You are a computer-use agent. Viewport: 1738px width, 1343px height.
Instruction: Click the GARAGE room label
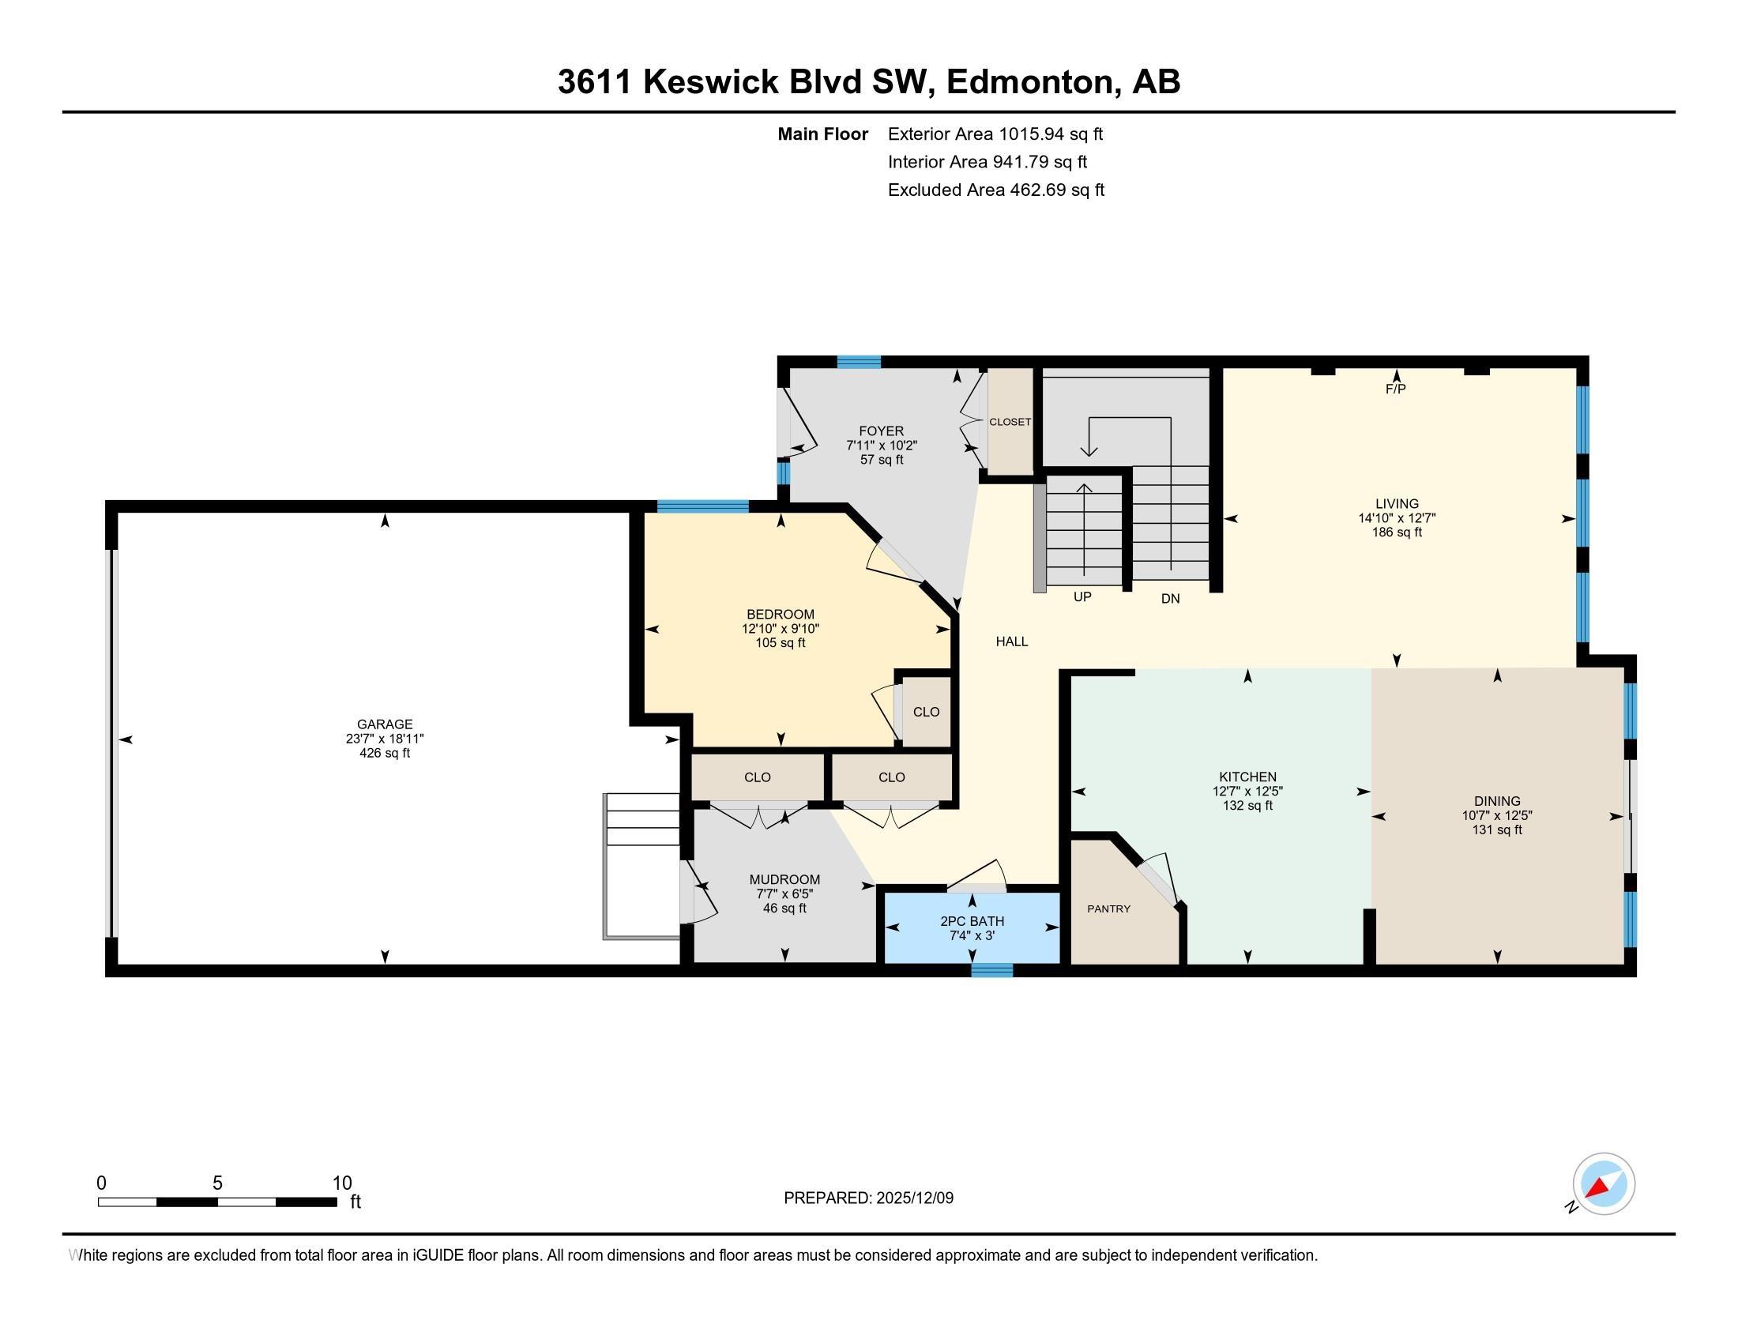pos(385,724)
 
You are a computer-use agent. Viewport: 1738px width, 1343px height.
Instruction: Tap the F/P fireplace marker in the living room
pos(1396,389)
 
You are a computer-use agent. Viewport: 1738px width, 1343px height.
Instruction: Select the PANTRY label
pos(1108,908)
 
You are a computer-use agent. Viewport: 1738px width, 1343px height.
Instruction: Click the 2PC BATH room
pos(972,927)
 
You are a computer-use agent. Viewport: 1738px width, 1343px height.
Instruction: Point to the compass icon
pos(1604,1183)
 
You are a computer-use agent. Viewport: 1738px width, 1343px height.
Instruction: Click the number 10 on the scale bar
pos(341,1183)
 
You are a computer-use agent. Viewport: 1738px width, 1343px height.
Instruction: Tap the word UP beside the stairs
pos(1082,596)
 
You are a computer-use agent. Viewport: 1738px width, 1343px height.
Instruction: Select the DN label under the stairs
pos(1170,598)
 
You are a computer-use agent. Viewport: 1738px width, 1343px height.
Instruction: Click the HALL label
pos(1011,641)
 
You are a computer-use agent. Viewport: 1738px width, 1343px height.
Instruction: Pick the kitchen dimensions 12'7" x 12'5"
pos(1247,792)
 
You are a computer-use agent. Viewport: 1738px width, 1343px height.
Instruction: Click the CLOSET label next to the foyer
pos(1010,422)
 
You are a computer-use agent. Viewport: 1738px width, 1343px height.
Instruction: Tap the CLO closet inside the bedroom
pos(927,712)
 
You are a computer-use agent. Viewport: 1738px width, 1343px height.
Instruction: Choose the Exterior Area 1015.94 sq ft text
pos(995,134)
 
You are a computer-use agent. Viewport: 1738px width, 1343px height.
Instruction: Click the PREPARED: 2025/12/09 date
pos(868,1198)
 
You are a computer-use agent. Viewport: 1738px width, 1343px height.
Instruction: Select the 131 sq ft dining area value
pos(1497,829)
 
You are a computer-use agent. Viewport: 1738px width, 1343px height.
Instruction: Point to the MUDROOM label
pos(784,879)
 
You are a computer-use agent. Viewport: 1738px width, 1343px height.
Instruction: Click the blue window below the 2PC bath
pos(991,970)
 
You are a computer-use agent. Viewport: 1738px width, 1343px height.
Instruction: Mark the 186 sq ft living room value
pos(1397,532)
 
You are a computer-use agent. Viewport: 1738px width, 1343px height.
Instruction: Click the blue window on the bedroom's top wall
pos(702,506)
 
